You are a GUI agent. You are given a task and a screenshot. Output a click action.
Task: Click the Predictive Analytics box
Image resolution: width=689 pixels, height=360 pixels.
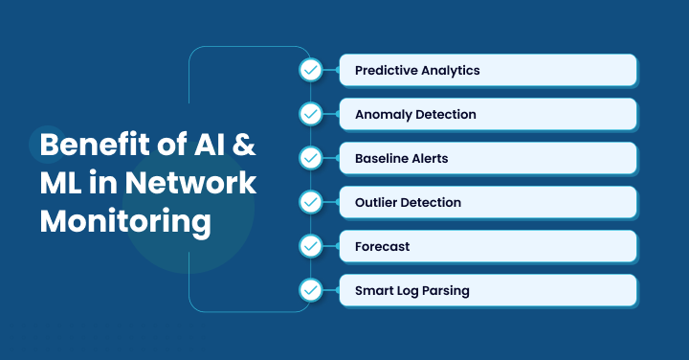coord(488,70)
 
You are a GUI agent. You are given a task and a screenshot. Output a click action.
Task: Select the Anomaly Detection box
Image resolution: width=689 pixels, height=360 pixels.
coord(488,114)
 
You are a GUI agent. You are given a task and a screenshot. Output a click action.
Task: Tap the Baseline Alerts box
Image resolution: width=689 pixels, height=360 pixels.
coord(488,158)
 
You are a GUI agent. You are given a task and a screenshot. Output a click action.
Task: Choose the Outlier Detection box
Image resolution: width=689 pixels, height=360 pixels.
coord(488,202)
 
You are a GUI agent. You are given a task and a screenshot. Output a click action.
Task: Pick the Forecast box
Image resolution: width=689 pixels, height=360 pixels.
coord(488,246)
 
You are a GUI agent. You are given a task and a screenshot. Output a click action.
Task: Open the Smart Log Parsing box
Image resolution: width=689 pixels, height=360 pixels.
coord(488,290)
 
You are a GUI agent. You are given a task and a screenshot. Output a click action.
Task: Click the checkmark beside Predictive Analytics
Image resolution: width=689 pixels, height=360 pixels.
coord(310,70)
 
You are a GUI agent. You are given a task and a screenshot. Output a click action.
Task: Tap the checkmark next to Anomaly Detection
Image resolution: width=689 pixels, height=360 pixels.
coord(310,114)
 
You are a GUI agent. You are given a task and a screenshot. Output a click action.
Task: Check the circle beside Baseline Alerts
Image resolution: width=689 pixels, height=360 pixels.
coord(310,158)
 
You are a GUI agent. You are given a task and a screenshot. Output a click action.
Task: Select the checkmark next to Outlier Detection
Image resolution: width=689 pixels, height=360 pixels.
coord(310,202)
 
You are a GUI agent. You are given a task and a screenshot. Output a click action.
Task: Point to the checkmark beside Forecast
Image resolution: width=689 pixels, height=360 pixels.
coord(310,246)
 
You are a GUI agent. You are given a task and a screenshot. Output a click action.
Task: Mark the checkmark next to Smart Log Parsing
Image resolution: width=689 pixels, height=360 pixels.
coord(310,290)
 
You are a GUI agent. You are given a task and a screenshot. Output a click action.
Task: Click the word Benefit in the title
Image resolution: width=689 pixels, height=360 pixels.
coord(87,146)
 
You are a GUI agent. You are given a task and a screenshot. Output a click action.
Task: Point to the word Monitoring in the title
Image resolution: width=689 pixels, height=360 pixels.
coord(124,221)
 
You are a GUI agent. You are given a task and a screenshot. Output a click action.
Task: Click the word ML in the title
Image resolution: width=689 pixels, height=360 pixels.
coord(60,183)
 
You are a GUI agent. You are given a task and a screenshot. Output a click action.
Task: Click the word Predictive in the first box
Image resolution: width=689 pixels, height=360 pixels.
coord(387,70)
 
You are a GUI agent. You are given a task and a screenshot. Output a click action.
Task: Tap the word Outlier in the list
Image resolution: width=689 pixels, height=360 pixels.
coord(376,202)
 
